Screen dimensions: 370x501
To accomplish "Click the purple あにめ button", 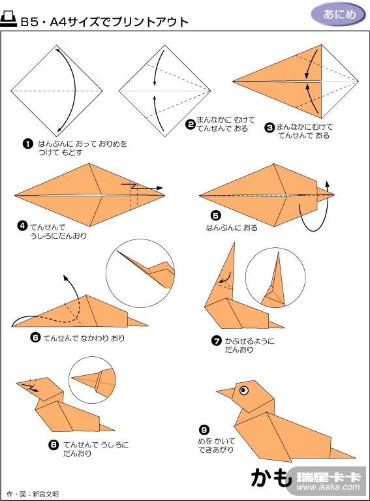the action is click(x=339, y=14).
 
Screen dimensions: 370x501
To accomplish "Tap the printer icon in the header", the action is click(x=8, y=20).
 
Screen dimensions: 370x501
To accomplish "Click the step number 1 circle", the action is click(x=28, y=144).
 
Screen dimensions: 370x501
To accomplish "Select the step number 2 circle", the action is click(x=191, y=125).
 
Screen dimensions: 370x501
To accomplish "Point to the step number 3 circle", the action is click(x=270, y=127).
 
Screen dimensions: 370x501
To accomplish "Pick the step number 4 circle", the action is click(x=22, y=226).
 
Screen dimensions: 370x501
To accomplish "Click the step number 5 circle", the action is click(x=216, y=216).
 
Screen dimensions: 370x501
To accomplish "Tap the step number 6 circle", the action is click(x=35, y=337).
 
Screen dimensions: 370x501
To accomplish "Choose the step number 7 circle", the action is click(x=216, y=341).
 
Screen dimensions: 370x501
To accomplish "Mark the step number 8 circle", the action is click(x=54, y=444).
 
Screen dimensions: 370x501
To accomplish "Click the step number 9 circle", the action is click(x=204, y=430).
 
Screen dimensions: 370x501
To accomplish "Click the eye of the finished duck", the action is click(x=244, y=390).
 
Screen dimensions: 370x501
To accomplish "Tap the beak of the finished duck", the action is click(x=225, y=393).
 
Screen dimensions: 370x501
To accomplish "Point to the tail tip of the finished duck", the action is click(x=354, y=457).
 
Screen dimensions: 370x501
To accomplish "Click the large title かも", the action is click(x=271, y=478).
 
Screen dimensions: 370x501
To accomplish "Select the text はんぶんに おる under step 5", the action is click(x=232, y=228).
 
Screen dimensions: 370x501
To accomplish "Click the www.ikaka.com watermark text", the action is click(x=328, y=487).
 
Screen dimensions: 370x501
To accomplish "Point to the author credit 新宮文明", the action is click(x=46, y=494).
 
